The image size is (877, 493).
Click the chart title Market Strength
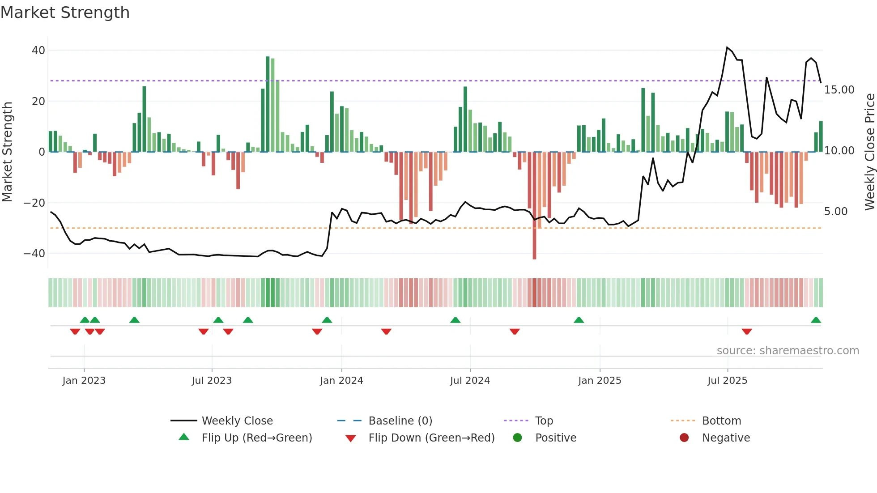click(x=65, y=13)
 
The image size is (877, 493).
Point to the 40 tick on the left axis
click(x=38, y=51)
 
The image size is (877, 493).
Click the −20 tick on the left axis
click(x=34, y=203)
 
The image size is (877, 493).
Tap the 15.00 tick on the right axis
click(x=839, y=90)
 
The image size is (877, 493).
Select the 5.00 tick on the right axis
click(x=835, y=212)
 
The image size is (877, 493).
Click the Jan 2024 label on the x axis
click(x=341, y=381)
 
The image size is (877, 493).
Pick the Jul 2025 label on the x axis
click(x=727, y=381)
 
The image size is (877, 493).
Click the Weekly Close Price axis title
click(x=869, y=152)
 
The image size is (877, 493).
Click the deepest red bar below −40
click(x=534, y=206)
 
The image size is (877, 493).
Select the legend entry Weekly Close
click(x=237, y=421)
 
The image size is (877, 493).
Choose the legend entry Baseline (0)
click(x=400, y=421)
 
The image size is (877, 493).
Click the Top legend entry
click(x=544, y=421)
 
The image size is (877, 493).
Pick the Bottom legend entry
click(x=721, y=421)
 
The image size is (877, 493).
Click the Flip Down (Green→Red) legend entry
click(x=431, y=438)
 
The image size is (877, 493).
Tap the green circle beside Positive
click(x=518, y=438)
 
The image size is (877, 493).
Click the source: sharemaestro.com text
click(x=788, y=351)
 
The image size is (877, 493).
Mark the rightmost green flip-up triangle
click(x=816, y=320)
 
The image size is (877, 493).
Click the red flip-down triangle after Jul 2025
click(x=746, y=331)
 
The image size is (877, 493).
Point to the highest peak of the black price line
click(x=727, y=47)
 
